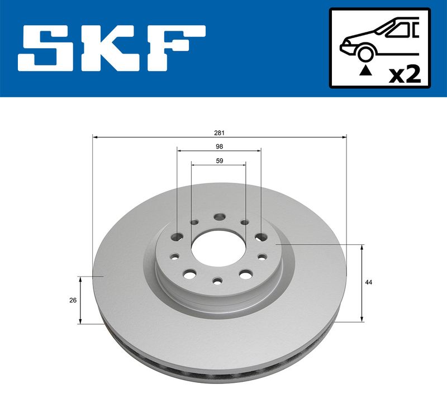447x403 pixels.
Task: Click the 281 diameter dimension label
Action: coord(219,133)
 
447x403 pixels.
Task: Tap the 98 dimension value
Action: coord(219,146)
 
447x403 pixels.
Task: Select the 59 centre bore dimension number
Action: coord(219,161)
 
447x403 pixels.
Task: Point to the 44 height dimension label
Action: coord(369,282)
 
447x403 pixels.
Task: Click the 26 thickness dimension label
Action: coord(73,300)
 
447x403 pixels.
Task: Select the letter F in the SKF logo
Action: coord(176,48)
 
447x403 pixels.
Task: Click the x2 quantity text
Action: coord(405,74)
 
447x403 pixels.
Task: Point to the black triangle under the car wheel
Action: coord(366,70)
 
